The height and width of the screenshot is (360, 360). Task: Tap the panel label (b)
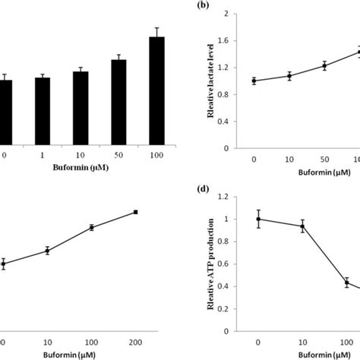point(204,5)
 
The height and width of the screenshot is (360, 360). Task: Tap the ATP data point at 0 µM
point(258,219)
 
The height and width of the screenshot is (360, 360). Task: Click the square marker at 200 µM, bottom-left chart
point(135,212)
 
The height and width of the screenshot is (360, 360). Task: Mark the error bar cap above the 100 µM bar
point(156,28)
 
